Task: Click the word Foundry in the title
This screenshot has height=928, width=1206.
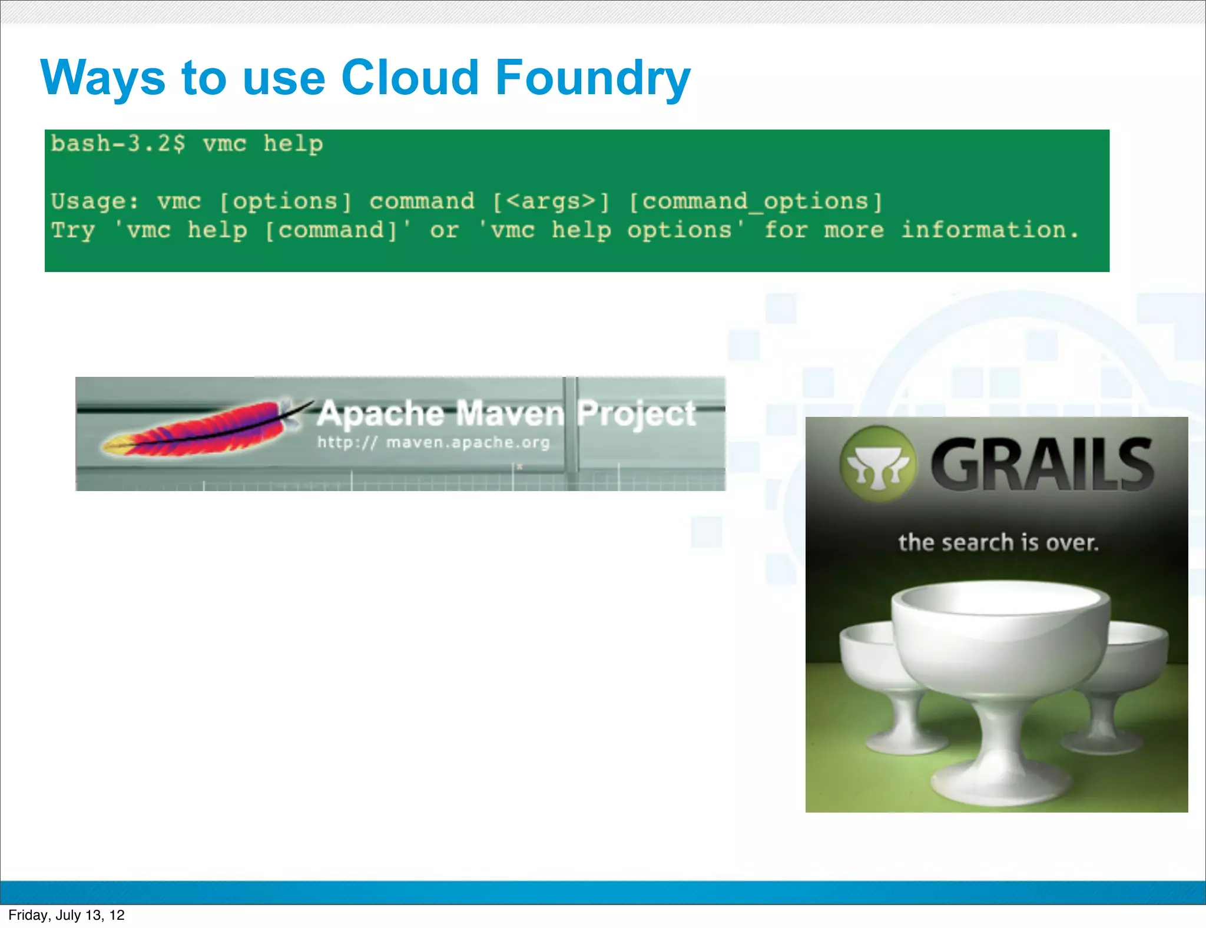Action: pyautogui.click(x=592, y=78)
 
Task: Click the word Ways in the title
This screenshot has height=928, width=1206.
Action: pyautogui.click(x=103, y=78)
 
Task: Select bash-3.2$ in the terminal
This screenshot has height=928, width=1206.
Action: pyautogui.click(x=118, y=144)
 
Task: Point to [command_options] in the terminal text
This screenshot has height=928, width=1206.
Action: pyautogui.click(x=756, y=202)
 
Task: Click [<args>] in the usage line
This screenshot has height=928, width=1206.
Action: pyautogui.click(x=551, y=202)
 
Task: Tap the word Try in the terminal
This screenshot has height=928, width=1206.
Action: pyautogui.click(x=72, y=230)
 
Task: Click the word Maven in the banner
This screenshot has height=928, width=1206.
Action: pyautogui.click(x=510, y=413)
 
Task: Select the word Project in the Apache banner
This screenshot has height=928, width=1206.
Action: pyautogui.click(x=636, y=413)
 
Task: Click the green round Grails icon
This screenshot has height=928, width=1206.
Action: pyautogui.click(x=877, y=463)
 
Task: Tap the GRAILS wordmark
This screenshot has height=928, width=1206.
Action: pyautogui.click(x=1041, y=465)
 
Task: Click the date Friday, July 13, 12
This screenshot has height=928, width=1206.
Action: pyautogui.click(x=67, y=915)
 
